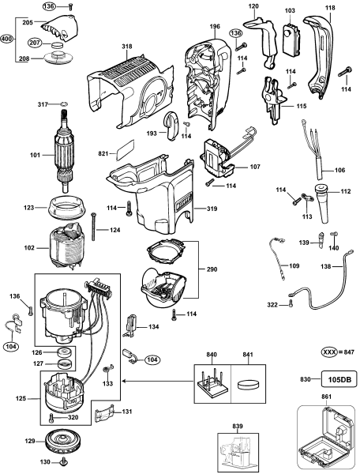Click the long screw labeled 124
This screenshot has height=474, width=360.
pyautogui.click(x=94, y=225)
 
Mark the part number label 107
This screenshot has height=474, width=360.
pyautogui.click(x=254, y=167)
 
